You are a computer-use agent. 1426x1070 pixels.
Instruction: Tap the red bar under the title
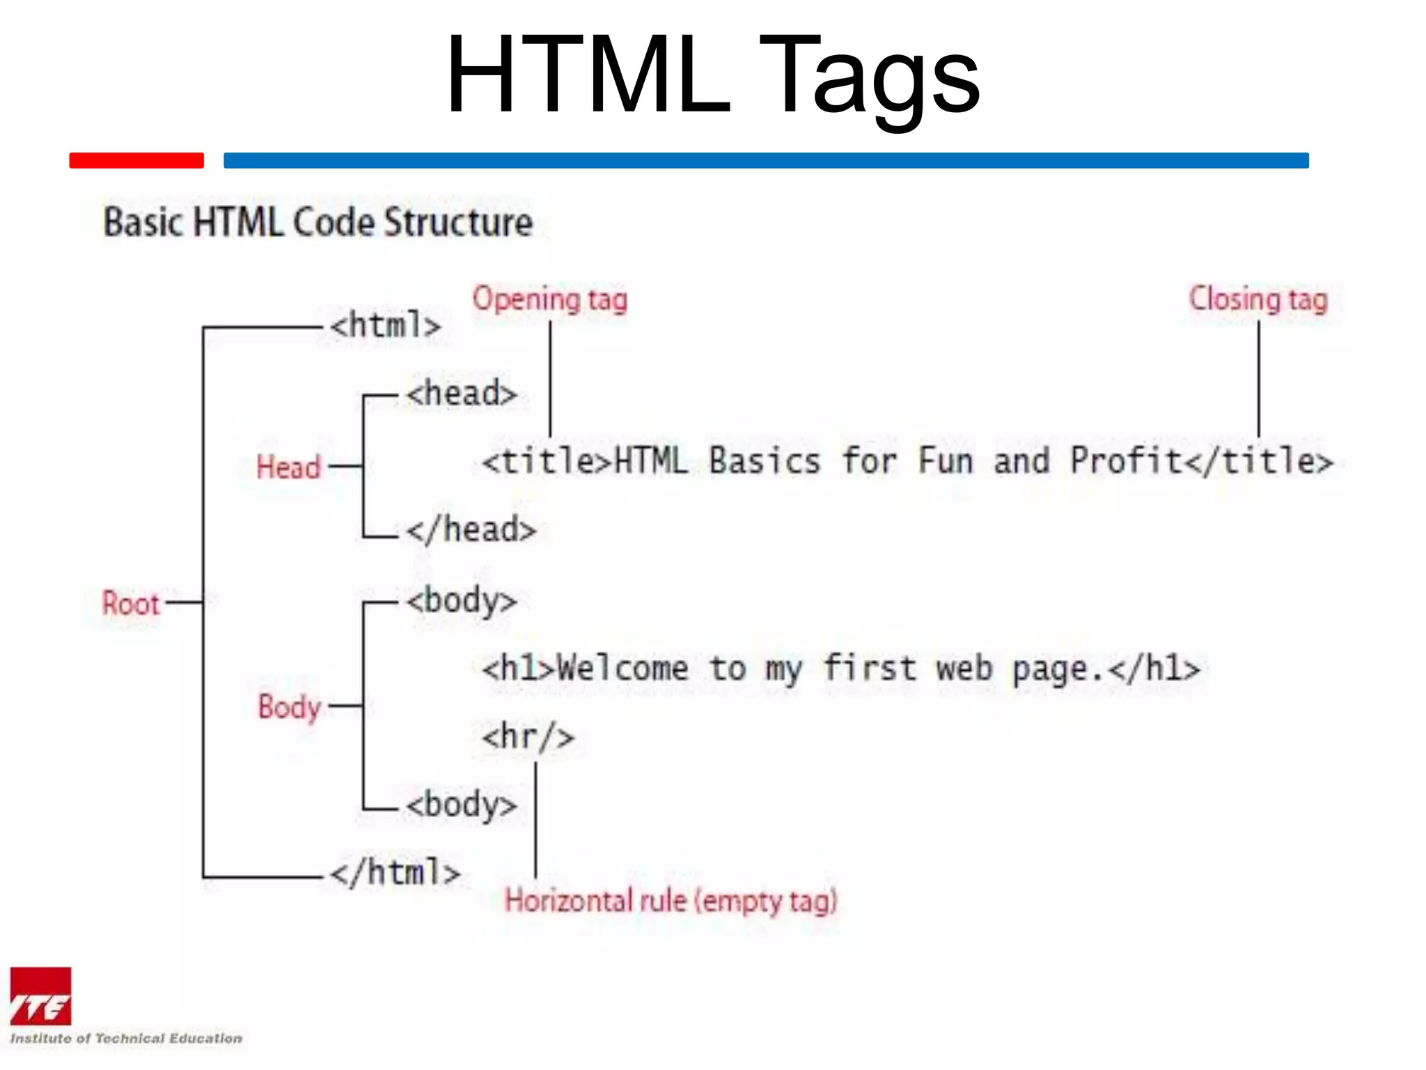136,160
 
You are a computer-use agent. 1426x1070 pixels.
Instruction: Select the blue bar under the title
766,160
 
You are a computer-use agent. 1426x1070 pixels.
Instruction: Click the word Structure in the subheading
459,223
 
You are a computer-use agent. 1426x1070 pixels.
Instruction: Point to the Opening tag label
550,300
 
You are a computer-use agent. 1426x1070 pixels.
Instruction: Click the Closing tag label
1258,300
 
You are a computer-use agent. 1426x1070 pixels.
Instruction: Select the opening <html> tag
386,325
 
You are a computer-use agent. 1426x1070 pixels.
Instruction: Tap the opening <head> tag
462,394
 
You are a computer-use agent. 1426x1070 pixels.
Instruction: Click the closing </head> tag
471,529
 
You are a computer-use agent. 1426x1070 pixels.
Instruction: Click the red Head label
288,467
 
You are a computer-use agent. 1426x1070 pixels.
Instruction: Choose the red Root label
131,603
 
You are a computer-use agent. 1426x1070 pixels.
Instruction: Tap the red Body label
290,707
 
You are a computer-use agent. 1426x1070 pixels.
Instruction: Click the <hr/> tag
528,736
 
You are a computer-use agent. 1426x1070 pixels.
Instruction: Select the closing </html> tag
395,873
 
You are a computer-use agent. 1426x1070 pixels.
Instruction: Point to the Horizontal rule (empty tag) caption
671,901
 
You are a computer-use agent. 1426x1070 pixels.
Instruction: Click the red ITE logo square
40,996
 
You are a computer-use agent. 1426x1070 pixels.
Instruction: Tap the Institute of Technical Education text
126,1038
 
